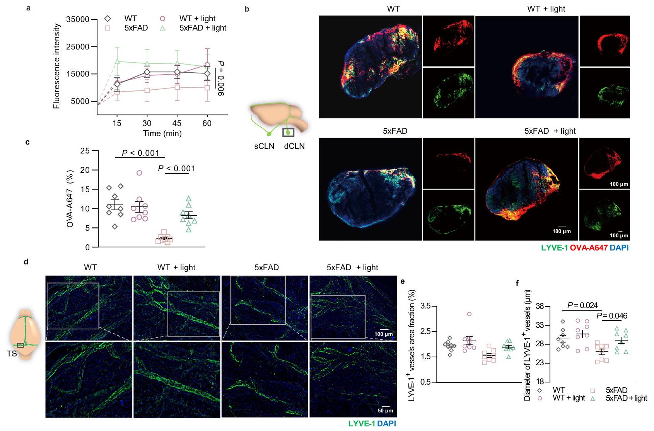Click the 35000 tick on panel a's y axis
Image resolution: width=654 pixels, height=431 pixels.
pyautogui.click(x=79, y=19)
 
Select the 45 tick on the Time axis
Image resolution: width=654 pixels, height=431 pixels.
pyautogui.click(x=177, y=123)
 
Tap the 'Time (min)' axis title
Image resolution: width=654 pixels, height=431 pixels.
pyautogui.click(x=162, y=133)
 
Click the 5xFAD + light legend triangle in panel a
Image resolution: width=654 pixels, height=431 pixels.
pyautogui.click(x=163, y=28)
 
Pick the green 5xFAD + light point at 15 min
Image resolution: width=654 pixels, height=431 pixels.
pyautogui.click(x=117, y=61)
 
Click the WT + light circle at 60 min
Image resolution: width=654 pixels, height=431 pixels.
pyautogui.click(x=207, y=65)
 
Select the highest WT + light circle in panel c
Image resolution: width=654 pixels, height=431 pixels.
pyautogui.click(x=139, y=173)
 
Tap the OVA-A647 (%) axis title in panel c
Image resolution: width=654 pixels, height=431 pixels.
pyautogui.click(x=70, y=199)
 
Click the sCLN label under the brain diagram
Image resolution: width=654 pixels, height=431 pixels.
pyautogui.click(x=264, y=146)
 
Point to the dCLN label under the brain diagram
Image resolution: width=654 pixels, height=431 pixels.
pyautogui.click(x=294, y=146)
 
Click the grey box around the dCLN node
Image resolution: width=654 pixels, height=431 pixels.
pyautogui.click(x=288, y=133)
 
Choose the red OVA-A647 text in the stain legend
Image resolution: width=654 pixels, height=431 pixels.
pyautogui.click(x=589, y=248)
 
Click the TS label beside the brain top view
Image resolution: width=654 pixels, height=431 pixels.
pyautogui.click(x=12, y=353)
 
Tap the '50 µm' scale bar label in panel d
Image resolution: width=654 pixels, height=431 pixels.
pyautogui.click(x=385, y=411)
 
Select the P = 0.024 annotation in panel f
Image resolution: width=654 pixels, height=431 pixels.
pyautogui.click(x=582, y=306)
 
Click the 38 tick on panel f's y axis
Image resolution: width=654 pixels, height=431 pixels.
pyautogui.click(x=540, y=307)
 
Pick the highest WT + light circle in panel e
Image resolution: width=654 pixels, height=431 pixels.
pyautogui.click(x=469, y=314)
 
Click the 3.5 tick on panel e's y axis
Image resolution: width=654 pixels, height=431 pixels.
pyautogui.click(x=425, y=307)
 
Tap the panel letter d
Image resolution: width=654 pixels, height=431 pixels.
pyautogui.click(x=26, y=262)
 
